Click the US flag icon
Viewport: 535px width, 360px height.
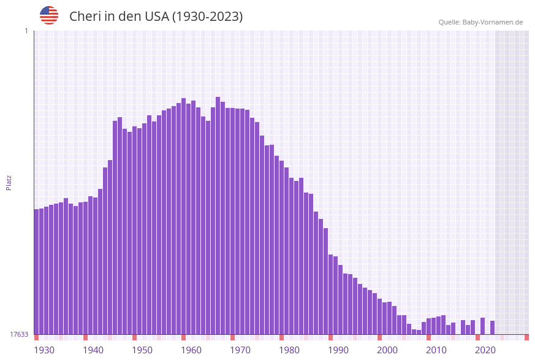coord(49,15)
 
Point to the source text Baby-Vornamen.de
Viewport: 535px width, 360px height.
coord(492,22)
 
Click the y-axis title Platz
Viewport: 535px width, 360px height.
coord(9,182)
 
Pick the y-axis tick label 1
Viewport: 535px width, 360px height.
coord(26,31)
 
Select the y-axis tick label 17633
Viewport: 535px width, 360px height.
coord(19,334)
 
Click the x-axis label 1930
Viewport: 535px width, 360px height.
coord(44,350)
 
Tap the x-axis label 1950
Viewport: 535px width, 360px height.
coord(142,350)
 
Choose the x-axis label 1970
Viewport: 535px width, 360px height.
coord(240,350)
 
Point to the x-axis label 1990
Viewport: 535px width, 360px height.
coord(338,350)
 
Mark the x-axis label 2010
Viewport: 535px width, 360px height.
coord(436,350)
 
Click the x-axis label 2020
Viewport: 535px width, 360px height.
coord(485,350)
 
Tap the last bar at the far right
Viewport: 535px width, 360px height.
coord(492,327)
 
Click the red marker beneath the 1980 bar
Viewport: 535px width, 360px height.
coord(281,337)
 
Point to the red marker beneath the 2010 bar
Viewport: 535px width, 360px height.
coord(428,337)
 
